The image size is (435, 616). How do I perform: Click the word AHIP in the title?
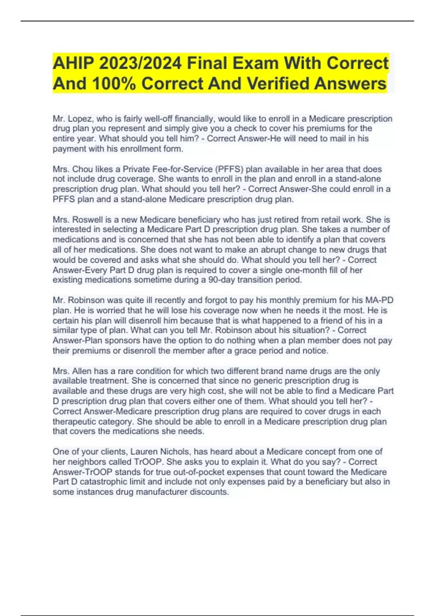point(73,64)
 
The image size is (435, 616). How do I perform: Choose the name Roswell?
point(87,220)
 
